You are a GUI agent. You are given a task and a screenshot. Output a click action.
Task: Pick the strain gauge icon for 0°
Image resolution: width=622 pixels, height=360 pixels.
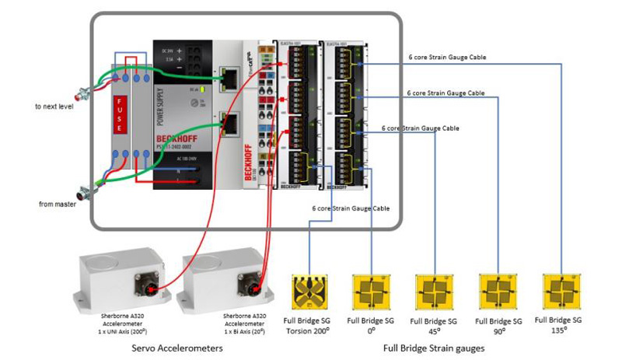(x=371, y=292)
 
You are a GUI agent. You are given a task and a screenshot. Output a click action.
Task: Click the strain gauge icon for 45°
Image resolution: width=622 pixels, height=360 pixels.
(x=434, y=293)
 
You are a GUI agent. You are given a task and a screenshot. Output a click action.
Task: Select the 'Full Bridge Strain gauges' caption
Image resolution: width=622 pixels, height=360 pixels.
(x=433, y=349)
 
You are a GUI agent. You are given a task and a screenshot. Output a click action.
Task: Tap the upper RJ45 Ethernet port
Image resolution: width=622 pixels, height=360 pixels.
(x=231, y=77)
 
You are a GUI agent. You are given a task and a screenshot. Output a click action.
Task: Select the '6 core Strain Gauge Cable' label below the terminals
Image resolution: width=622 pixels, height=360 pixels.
(x=351, y=208)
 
